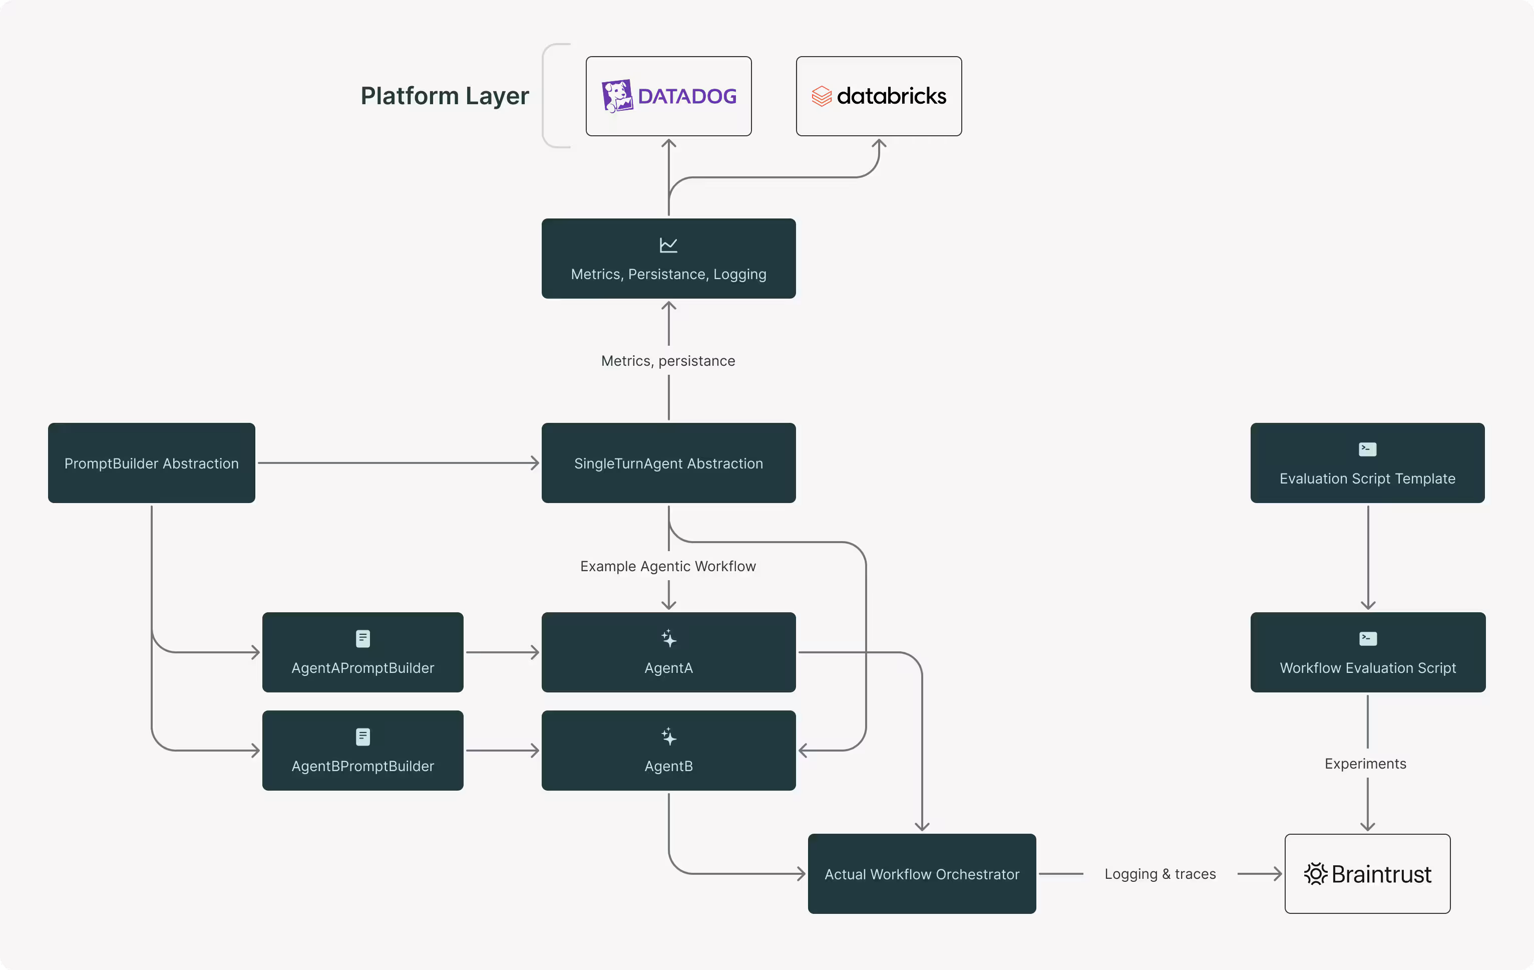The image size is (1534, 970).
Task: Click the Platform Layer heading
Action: click(x=445, y=96)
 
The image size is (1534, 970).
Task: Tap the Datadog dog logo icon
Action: click(x=617, y=96)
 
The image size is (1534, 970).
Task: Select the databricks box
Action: click(x=879, y=96)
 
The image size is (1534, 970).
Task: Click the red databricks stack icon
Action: click(x=821, y=96)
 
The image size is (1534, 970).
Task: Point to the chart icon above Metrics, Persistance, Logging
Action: click(x=668, y=245)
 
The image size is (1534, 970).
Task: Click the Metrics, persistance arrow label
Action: click(x=668, y=361)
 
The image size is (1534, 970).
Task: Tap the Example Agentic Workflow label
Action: click(x=668, y=566)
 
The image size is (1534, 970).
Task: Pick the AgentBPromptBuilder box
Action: click(x=362, y=751)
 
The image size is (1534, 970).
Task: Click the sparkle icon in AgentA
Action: click(x=668, y=638)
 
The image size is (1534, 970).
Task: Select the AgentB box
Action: click(x=668, y=751)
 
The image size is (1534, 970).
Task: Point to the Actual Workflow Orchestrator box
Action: click(x=922, y=874)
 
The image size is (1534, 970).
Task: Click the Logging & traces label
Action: click(x=1160, y=874)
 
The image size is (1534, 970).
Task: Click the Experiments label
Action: click(x=1365, y=764)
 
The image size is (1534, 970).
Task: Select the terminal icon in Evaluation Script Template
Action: click(x=1367, y=449)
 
